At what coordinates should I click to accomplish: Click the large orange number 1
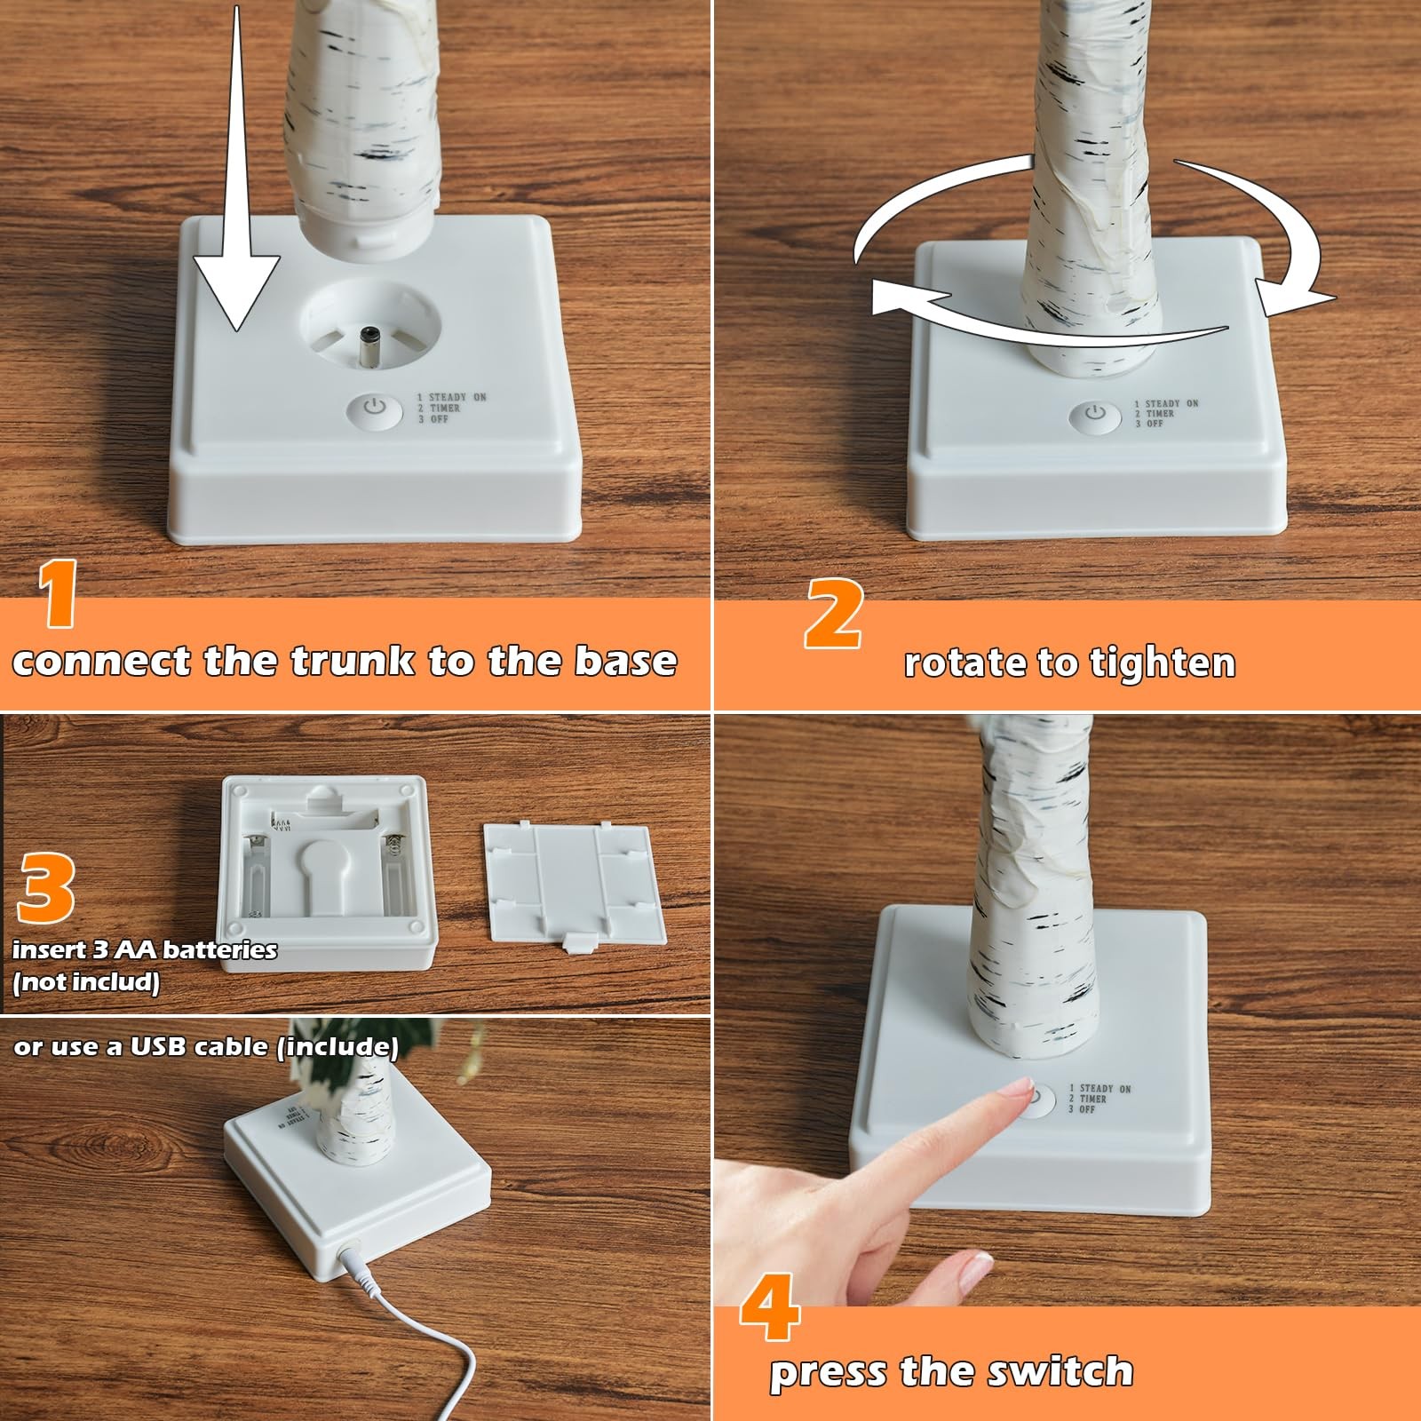coord(60,593)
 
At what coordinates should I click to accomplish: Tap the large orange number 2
coord(833,613)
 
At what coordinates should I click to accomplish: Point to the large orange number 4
coord(770,1307)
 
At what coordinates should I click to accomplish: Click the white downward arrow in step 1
coord(236,169)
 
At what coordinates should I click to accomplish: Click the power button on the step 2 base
coord(1095,414)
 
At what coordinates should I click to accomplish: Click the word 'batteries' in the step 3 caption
coord(220,949)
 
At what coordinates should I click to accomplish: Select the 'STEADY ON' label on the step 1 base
coord(457,397)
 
